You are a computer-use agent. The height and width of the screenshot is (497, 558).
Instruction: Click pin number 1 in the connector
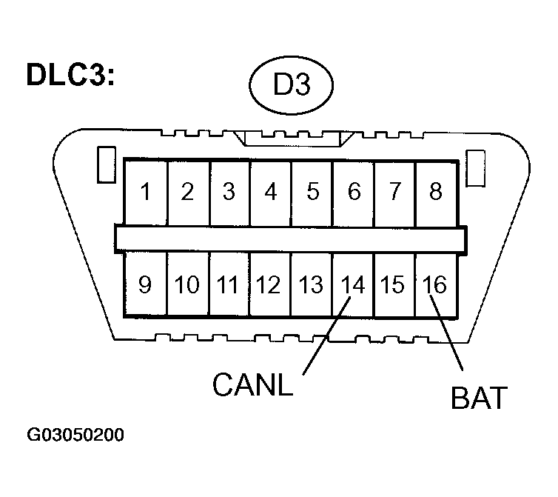(x=146, y=192)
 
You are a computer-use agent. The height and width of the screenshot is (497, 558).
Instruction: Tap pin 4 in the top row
(x=271, y=192)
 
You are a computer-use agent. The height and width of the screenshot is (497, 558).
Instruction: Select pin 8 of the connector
(x=435, y=192)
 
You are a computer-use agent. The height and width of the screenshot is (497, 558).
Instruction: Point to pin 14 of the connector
(x=354, y=285)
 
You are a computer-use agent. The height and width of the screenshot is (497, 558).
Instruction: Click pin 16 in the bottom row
(x=436, y=285)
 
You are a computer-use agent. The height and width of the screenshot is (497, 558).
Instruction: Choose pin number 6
(x=354, y=192)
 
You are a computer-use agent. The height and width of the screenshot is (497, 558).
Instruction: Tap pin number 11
(x=229, y=285)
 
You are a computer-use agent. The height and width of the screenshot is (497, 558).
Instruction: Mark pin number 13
(x=312, y=285)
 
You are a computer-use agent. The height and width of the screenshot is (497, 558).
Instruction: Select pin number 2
(x=187, y=192)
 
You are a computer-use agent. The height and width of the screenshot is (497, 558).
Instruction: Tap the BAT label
(x=479, y=398)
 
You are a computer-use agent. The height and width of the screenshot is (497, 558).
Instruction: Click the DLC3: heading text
(x=70, y=76)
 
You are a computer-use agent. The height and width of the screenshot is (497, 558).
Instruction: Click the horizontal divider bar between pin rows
(x=291, y=238)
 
